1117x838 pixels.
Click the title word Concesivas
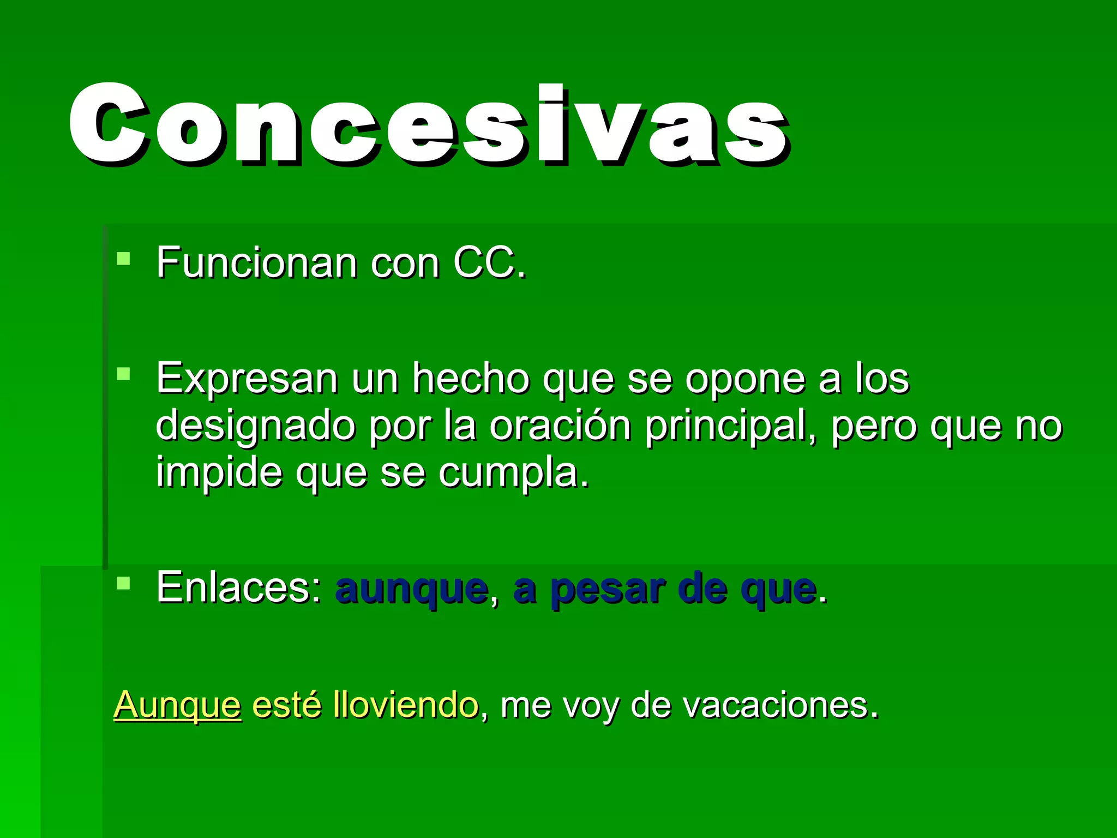tap(428, 124)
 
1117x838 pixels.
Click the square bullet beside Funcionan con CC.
tap(124, 258)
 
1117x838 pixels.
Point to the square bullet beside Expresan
tap(124, 374)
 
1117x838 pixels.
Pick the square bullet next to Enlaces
tap(124, 583)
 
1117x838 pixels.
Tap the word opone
tap(745, 379)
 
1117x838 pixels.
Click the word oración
tap(560, 425)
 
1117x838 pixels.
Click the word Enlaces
tap(239, 588)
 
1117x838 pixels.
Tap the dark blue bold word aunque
tap(412, 590)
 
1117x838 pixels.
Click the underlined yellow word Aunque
tap(177, 705)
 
